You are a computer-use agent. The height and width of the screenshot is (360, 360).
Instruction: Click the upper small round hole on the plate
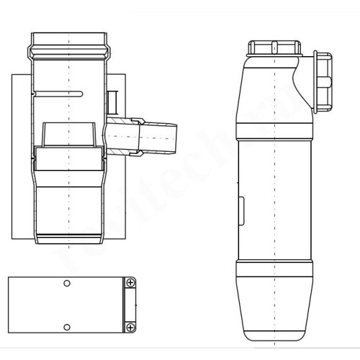(x=67, y=284)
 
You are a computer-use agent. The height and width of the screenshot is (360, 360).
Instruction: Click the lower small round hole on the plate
(x=67, y=326)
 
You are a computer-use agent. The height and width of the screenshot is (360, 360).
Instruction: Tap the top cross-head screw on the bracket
(x=130, y=284)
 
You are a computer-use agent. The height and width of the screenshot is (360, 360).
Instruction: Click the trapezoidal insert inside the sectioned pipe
(x=68, y=135)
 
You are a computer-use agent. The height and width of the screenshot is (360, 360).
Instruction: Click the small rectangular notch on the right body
(x=241, y=211)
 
